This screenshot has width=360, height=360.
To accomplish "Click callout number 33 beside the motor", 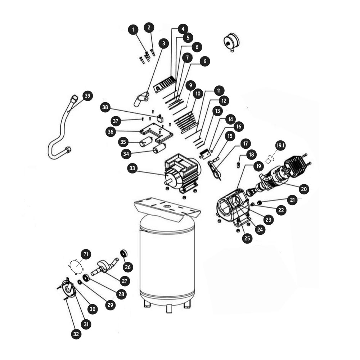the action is pyautogui.click(x=132, y=168).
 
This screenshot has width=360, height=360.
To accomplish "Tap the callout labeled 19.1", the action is pyautogui.click(x=280, y=145).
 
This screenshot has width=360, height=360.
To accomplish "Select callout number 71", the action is pyautogui.click(x=86, y=255).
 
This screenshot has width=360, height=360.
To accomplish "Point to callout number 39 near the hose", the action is pyautogui.click(x=87, y=96).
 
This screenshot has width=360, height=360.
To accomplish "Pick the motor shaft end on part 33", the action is pyautogui.click(x=167, y=182).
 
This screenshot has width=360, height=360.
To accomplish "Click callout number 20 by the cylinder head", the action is pyautogui.click(x=304, y=189).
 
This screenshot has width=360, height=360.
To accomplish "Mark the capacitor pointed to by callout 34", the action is pyautogui.click(x=159, y=148).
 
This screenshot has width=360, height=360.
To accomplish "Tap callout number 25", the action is pyautogui.click(x=247, y=238).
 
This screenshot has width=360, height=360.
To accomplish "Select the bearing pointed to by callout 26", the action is pyautogui.click(x=124, y=254).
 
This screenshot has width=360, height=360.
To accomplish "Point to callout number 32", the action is pyautogui.click(x=76, y=334).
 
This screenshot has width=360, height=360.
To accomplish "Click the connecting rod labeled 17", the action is pyautogui.click(x=215, y=170).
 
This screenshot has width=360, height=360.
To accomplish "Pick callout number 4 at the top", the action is pyautogui.click(x=183, y=29).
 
